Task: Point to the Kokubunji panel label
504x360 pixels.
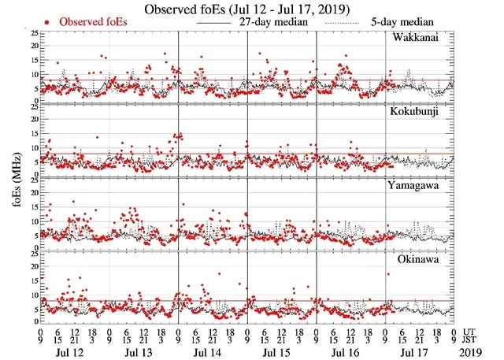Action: coord(424,110)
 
